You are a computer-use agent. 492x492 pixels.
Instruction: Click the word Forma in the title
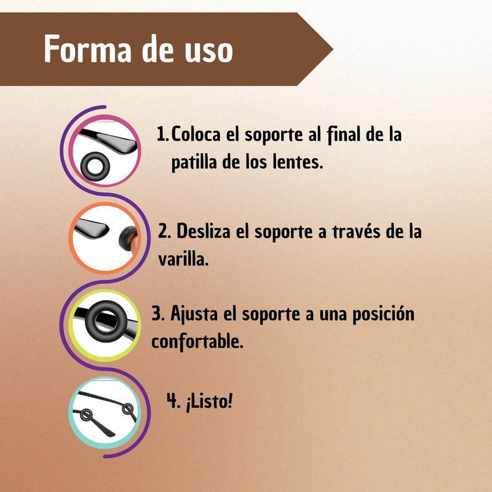[87, 49]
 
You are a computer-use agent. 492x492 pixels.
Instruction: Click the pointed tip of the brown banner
[333, 49]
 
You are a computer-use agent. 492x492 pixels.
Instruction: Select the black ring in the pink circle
[95, 167]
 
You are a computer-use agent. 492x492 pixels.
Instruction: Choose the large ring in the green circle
[106, 322]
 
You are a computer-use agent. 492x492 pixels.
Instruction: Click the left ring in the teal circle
[85, 415]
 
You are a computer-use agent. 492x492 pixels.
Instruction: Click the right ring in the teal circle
[128, 409]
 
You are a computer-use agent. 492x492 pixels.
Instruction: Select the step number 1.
[162, 133]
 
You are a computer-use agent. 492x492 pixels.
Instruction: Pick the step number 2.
[164, 231]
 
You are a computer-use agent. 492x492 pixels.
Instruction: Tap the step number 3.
[158, 314]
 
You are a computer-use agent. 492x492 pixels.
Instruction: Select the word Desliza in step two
[204, 231]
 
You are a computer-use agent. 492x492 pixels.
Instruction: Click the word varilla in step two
[183, 259]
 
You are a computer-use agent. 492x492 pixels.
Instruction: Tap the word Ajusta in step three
[194, 314]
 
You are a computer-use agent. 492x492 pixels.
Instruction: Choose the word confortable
[197, 341]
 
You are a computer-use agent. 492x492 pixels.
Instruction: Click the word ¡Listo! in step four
[209, 402]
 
